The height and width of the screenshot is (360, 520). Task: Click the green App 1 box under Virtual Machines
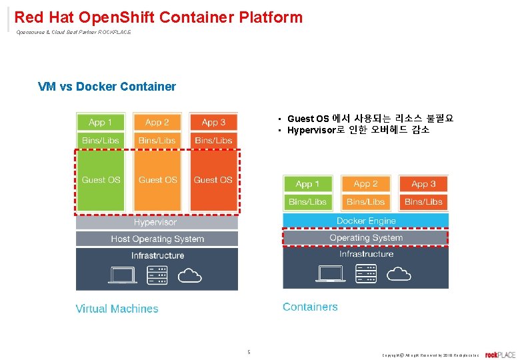click(x=101, y=122)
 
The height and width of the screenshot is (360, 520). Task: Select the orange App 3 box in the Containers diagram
click(x=423, y=183)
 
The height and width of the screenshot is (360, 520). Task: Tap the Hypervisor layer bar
click(x=157, y=222)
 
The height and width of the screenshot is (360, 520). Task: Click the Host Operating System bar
click(x=157, y=239)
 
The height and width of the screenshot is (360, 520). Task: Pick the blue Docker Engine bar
click(x=366, y=221)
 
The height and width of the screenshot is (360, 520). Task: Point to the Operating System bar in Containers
click(x=366, y=237)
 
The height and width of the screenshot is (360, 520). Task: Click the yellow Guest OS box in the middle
click(x=157, y=179)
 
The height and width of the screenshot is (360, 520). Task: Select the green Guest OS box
click(x=101, y=179)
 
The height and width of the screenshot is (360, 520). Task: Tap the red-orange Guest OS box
click(x=213, y=179)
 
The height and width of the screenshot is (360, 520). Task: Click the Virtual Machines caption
click(x=117, y=309)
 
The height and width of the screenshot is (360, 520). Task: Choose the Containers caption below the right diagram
click(x=310, y=307)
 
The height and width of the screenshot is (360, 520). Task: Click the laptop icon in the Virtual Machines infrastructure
click(x=123, y=274)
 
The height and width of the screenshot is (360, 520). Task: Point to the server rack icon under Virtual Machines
click(x=157, y=275)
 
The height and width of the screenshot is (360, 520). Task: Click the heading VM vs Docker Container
click(x=107, y=87)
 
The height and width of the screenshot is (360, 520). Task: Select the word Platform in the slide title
click(x=269, y=17)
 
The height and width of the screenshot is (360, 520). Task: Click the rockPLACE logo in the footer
click(x=500, y=354)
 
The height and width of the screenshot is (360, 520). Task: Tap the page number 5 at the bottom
click(x=249, y=351)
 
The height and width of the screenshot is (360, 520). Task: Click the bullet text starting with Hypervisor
click(x=358, y=130)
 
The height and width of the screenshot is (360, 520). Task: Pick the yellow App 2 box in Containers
click(x=365, y=183)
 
